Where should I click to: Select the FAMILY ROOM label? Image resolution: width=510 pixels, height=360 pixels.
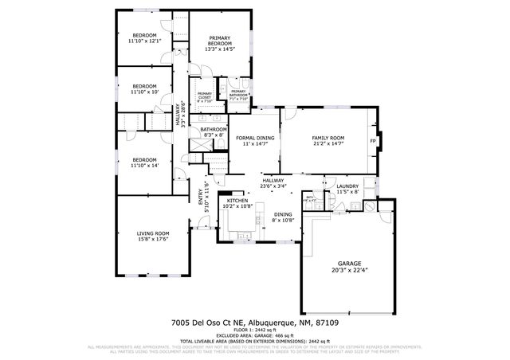point(327,139)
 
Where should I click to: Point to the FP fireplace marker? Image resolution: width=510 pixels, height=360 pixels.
point(372,142)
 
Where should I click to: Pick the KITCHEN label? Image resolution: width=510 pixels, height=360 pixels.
point(239,201)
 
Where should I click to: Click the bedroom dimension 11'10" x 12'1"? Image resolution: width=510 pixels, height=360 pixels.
point(144,41)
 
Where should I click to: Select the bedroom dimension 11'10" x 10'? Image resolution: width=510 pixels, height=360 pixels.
point(144,92)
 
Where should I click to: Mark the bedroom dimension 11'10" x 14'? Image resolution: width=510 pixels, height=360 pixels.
point(144,166)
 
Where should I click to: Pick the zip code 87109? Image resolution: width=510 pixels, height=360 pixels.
point(327,322)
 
